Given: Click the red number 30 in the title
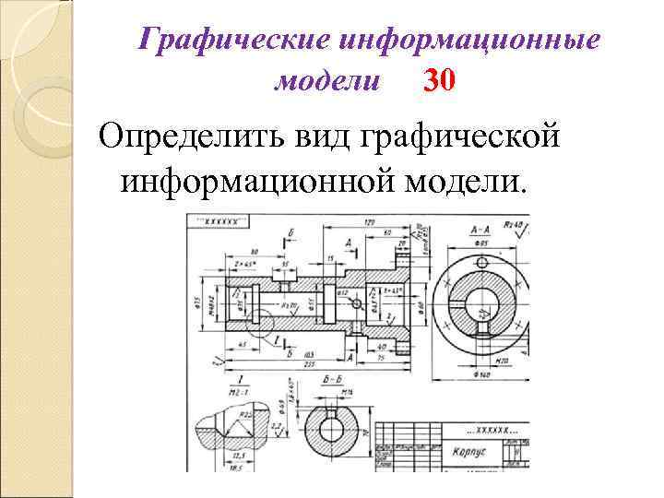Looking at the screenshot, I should coord(438,82).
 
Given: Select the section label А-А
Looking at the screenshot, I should coord(479,227).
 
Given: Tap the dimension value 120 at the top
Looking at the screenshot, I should coord(369,223).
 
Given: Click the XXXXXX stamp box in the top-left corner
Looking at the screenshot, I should coord(220,222).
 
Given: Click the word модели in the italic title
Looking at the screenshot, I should coord(327,82).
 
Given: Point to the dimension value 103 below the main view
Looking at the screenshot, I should coord(305,353).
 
